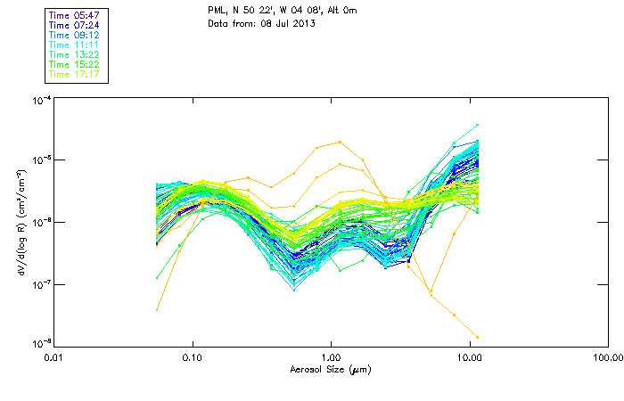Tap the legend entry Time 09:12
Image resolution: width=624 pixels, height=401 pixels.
pos(74,35)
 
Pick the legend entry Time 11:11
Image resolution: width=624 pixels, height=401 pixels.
pos(74,45)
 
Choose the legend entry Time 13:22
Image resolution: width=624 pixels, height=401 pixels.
pos(74,54)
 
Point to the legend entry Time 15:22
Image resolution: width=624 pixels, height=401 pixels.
pos(74,64)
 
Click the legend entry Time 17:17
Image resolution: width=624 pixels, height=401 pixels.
pos(74,74)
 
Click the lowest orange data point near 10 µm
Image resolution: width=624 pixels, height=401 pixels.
pos(478,337)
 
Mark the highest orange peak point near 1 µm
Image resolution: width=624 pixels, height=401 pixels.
pos(341,142)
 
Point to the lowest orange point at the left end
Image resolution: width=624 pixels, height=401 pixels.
pos(157,309)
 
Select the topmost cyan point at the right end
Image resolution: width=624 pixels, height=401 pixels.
pos(478,125)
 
